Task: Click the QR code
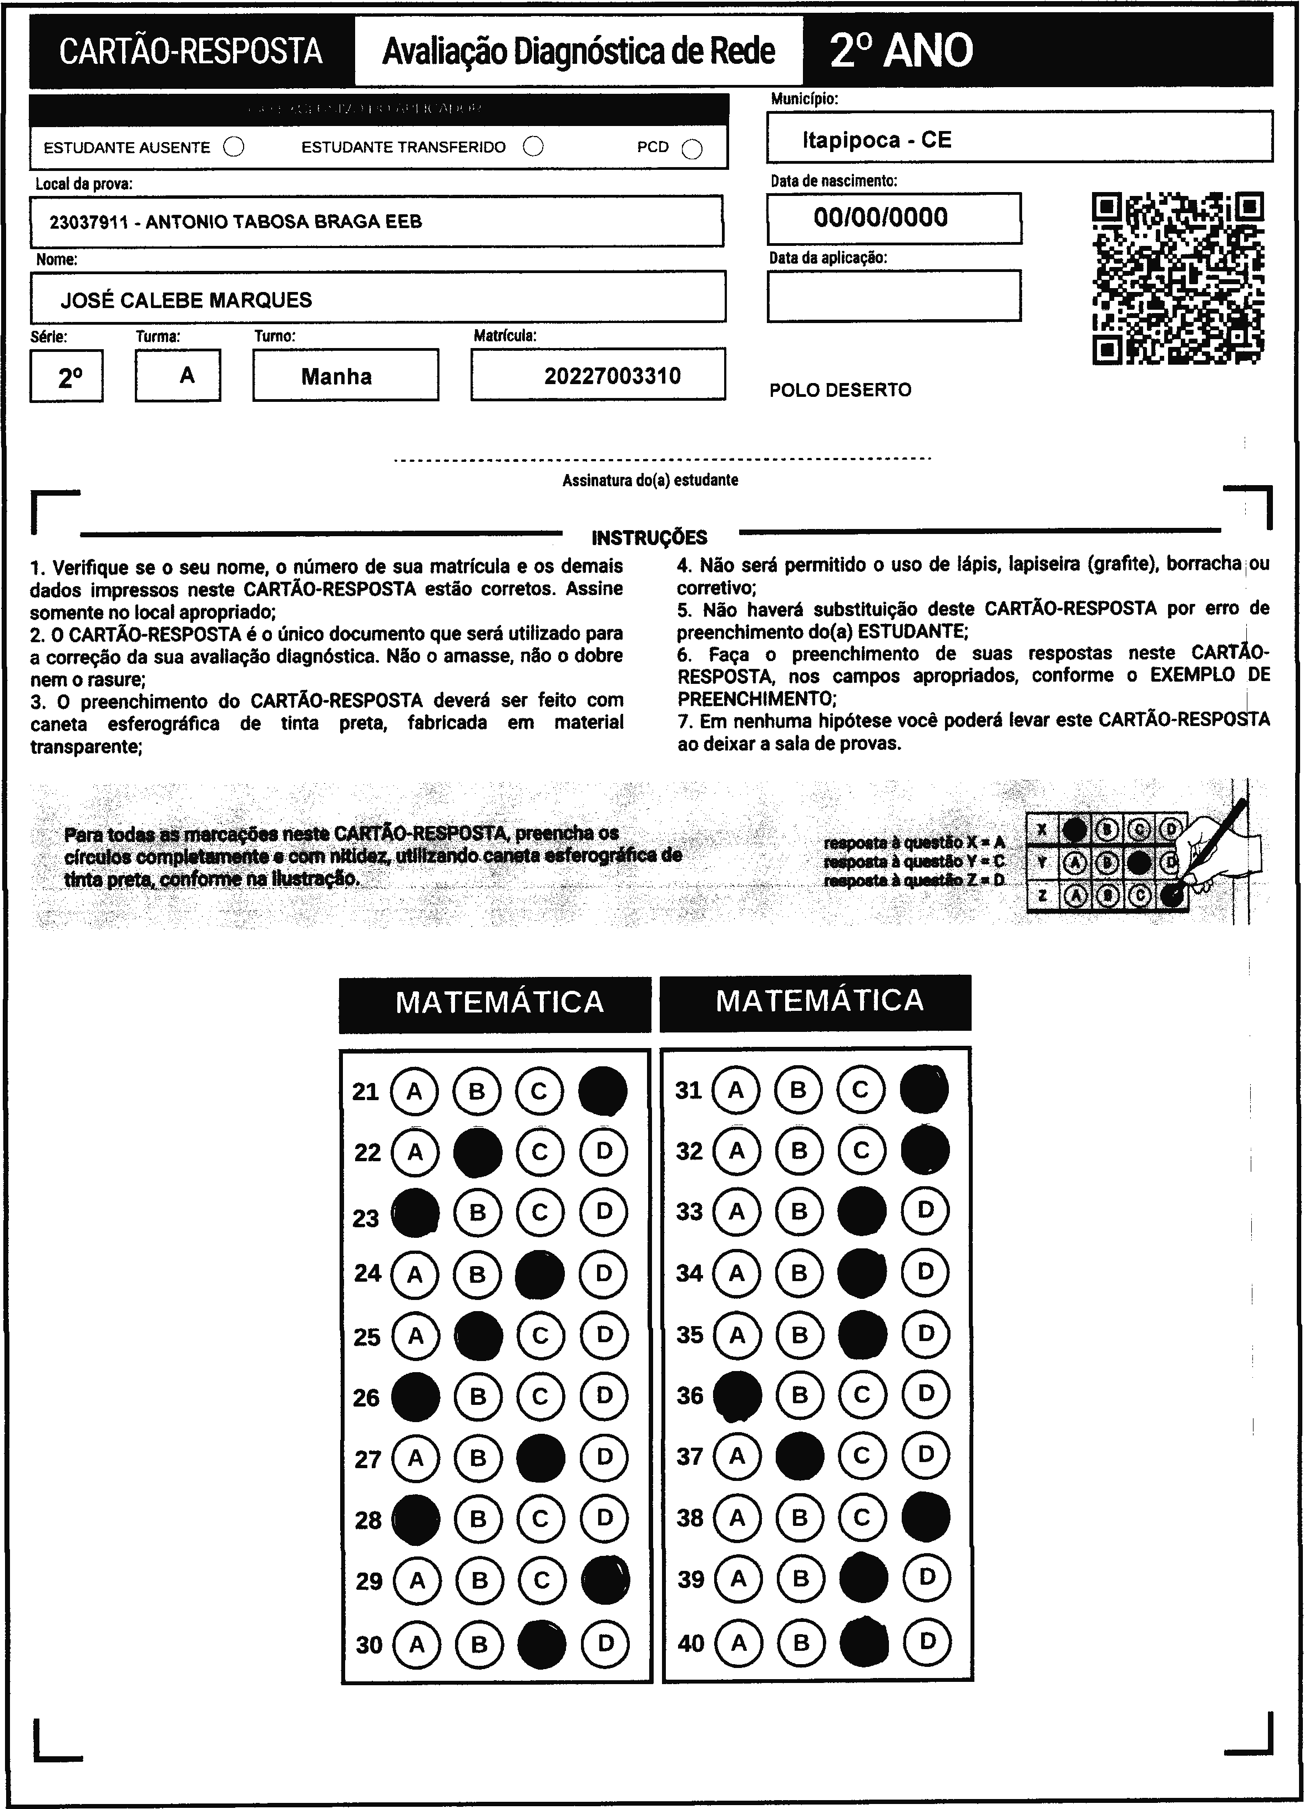[1178, 278]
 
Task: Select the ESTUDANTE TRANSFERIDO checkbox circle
[534, 146]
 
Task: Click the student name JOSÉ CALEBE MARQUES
[186, 300]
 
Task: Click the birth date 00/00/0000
[881, 217]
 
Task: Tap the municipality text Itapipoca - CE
[877, 140]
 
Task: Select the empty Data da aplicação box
[893, 296]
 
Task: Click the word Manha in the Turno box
[337, 376]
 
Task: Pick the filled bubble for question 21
[603, 1090]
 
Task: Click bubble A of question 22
[415, 1152]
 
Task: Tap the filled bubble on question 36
[737, 1395]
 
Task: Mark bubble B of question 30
[479, 1644]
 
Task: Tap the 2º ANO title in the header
[901, 51]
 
